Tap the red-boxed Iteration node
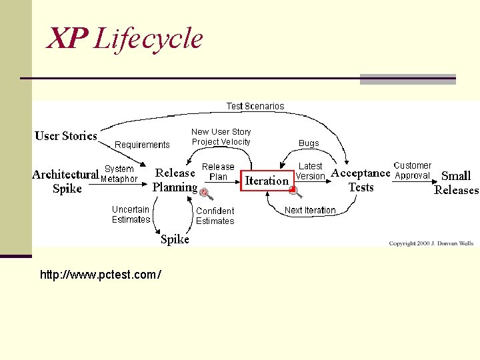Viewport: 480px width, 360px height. click(x=267, y=180)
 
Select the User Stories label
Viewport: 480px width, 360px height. click(x=66, y=136)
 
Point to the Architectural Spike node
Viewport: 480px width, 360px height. click(x=65, y=181)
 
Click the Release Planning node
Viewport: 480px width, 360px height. click(x=175, y=180)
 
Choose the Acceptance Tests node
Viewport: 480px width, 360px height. click(x=361, y=180)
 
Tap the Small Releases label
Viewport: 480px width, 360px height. click(x=456, y=183)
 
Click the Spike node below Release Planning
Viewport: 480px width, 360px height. click(x=175, y=239)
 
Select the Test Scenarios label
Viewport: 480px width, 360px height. click(x=255, y=106)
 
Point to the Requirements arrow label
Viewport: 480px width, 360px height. click(x=142, y=145)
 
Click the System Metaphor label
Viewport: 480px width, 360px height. click(x=119, y=174)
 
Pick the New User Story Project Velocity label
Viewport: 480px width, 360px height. click(x=221, y=137)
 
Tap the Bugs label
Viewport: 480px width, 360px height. click(x=309, y=143)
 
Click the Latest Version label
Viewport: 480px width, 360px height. click(x=310, y=171)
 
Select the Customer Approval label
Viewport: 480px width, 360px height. click(x=412, y=171)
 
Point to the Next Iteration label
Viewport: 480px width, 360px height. click(x=310, y=210)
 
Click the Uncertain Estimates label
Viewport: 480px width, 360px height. click(x=131, y=215)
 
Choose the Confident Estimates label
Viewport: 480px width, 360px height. click(x=215, y=216)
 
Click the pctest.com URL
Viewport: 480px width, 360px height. click(x=100, y=275)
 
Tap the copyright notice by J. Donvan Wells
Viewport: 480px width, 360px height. click(x=431, y=243)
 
